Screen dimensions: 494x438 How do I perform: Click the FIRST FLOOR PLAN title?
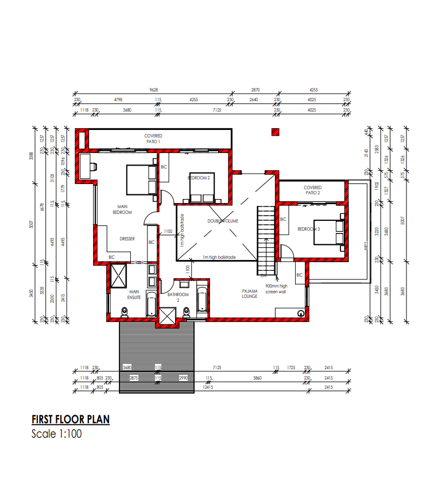(70, 419)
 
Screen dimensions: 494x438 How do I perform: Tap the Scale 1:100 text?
(56, 434)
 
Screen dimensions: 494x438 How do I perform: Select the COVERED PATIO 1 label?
(153, 139)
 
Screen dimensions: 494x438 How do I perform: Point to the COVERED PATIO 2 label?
(313, 190)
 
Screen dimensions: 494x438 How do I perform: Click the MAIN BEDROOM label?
(125, 209)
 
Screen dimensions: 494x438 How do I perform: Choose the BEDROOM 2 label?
(199, 178)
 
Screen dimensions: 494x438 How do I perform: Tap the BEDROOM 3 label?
(308, 229)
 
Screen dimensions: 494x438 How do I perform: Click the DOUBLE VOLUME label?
(223, 221)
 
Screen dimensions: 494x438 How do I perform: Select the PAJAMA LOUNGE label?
(250, 294)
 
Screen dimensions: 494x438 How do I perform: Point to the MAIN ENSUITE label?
(134, 294)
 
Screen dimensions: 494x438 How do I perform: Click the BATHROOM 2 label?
(178, 297)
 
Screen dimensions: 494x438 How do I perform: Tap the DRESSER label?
(127, 239)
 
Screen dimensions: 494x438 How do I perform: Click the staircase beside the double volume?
(266, 240)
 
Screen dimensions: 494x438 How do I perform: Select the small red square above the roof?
(276, 132)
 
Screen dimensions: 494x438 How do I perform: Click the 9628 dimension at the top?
(153, 90)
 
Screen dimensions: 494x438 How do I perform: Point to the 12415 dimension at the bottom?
(208, 388)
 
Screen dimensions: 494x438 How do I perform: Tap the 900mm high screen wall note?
(276, 289)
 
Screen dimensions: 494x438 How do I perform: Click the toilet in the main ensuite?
(125, 312)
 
